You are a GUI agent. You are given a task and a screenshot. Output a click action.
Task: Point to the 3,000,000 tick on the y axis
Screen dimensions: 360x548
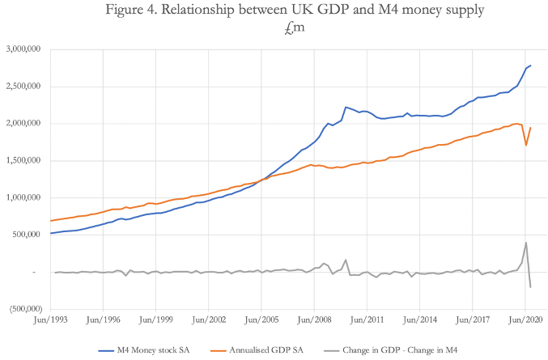point(23,49)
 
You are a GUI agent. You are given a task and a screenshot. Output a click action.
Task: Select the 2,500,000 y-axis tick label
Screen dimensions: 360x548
point(23,87)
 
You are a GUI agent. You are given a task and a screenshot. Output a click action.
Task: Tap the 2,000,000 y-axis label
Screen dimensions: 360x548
point(23,124)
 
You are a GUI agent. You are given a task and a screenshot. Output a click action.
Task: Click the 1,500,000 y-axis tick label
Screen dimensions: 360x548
point(23,161)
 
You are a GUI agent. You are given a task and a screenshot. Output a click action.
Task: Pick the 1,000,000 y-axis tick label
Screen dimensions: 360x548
point(23,198)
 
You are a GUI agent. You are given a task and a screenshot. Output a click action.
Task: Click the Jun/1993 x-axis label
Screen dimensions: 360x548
point(49,320)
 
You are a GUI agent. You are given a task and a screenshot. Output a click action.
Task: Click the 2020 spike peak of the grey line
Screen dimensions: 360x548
point(526,243)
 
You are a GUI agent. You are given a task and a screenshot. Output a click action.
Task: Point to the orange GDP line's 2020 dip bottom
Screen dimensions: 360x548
point(526,145)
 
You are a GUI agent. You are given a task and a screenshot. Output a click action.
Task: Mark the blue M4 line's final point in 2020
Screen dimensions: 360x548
point(531,66)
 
